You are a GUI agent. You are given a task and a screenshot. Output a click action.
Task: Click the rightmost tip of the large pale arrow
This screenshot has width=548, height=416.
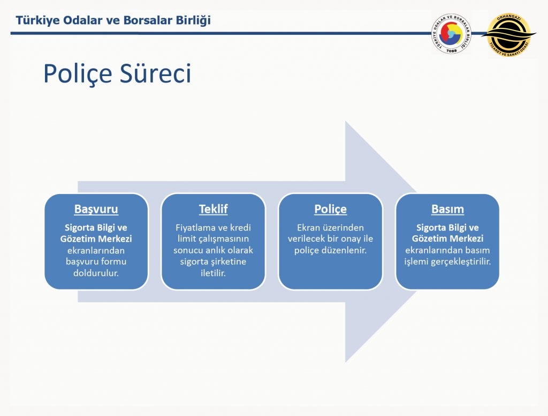click(465, 242)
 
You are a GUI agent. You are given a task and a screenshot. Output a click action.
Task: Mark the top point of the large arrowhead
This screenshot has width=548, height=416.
click(345, 121)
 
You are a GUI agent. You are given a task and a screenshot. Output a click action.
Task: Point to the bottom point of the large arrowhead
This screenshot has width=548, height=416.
click(345, 362)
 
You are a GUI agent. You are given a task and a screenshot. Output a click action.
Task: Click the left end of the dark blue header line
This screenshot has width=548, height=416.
click(11, 33)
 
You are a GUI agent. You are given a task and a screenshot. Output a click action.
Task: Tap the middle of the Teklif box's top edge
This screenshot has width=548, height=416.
click(213, 194)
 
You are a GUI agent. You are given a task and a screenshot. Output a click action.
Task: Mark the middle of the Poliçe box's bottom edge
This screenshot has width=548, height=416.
click(330, 289)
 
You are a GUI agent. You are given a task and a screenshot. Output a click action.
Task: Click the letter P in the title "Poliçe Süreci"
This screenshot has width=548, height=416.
click(51, 73)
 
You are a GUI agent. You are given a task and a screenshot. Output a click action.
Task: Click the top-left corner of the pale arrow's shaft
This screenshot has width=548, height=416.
click(78, 181)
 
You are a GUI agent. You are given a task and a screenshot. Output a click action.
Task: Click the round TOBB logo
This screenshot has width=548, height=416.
click(451, 34)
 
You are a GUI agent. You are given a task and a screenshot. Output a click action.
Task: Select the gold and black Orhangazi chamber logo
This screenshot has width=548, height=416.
click(509, 35)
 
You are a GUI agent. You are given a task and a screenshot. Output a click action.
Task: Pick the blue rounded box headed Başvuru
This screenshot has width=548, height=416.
click(96, 242)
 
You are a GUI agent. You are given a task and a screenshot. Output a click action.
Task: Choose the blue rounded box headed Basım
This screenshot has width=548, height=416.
click(447, 242)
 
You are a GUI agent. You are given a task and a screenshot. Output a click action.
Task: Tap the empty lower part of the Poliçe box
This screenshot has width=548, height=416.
click(330, 272)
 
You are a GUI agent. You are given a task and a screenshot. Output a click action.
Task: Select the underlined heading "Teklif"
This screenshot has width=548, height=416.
click(213, 209)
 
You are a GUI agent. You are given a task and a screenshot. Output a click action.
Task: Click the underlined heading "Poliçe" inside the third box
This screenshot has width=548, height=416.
click(330, 209)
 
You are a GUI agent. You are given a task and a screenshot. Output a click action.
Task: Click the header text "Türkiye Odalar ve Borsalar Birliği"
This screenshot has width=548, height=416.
click(113, 20)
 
